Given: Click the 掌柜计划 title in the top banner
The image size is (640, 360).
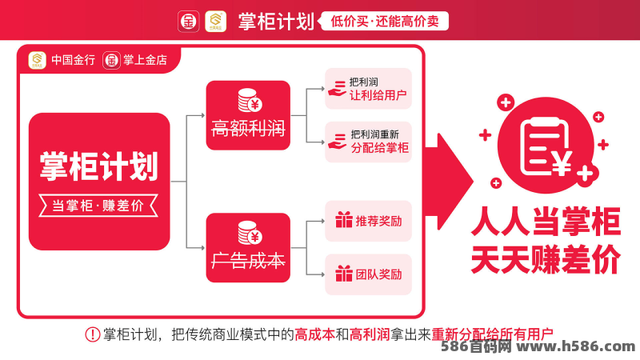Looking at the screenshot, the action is pos(276,22).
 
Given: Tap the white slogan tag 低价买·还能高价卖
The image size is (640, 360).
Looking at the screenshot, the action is pos(384,22).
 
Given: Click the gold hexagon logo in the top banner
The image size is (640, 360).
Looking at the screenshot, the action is pos(215,22).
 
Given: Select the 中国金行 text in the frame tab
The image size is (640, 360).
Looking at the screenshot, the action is pos(73,60).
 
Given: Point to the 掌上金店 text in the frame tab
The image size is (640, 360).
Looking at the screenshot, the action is pos(146,60).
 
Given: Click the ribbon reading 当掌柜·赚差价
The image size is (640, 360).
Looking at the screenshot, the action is pos(98,206).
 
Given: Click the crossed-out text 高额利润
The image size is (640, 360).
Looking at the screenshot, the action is pos(248,128).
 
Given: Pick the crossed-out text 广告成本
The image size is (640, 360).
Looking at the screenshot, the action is pos(248,261).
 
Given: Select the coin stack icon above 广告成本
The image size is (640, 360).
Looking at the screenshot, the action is pos(250,233).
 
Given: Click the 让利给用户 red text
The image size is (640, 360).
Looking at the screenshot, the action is pos(378,95).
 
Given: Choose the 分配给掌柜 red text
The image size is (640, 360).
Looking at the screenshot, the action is pos(379,148).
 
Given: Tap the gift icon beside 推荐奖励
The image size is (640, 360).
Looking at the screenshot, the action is pos(344,219).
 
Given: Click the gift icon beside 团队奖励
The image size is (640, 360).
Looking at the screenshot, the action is pos(344,274).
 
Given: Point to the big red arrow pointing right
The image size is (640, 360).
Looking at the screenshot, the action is pos(449,182).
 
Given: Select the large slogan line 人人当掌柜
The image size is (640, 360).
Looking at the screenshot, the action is pos(546,222).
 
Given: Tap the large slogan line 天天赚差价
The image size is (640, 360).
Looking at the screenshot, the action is pos(546,259).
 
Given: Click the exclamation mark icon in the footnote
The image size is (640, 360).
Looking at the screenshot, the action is pos(93,334).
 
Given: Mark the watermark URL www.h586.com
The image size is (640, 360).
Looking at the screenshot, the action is pos(576,346).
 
